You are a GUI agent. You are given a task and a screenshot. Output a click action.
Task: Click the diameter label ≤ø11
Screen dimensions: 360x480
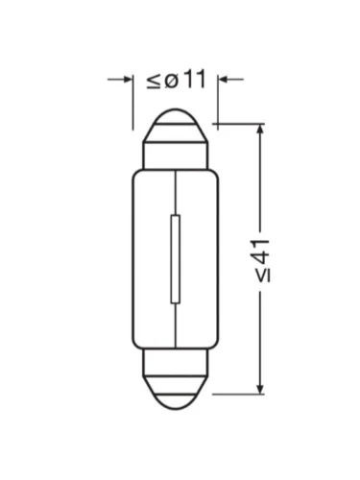click(176, 80)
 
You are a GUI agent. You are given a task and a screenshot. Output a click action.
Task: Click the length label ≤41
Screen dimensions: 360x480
click(263, 260)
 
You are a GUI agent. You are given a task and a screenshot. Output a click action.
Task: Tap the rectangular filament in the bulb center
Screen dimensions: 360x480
click(175, 259)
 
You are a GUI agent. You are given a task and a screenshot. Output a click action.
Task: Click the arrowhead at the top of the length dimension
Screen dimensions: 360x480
click(261, 130)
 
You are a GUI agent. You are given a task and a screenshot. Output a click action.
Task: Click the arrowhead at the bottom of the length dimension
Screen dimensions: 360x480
click(261, 388)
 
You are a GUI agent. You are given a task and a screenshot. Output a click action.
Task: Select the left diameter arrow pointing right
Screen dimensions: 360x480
click(119, 79)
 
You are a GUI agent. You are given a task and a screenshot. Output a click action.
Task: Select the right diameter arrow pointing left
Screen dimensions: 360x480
click(231, 79)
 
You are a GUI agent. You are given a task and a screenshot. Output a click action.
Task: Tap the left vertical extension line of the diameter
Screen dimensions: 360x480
click(132, 103)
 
